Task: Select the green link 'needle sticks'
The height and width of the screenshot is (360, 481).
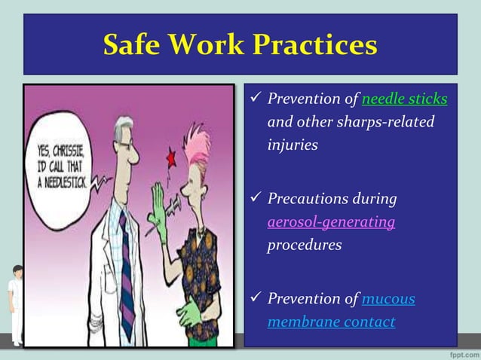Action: pos(404,99)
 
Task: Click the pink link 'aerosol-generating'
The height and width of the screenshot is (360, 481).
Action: pos(331,222)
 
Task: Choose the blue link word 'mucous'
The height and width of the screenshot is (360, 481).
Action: pos(388,299)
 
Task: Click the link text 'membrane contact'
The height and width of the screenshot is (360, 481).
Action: pos(331,322)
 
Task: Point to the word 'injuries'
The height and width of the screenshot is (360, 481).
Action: pos(292,144)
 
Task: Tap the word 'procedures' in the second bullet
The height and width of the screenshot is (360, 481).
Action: pos(304,245)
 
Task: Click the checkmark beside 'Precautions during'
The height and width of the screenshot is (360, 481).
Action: pos(256,199)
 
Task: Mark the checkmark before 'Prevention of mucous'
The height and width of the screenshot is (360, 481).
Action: pos(256,298)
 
